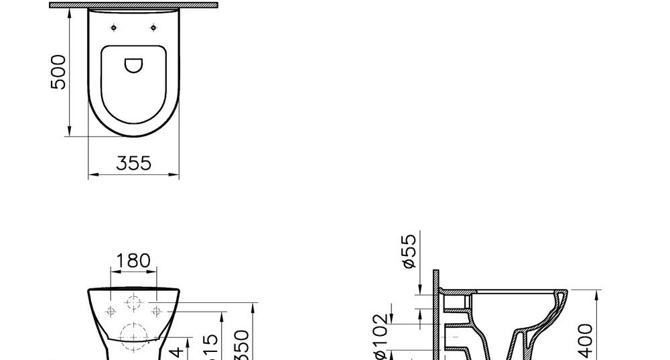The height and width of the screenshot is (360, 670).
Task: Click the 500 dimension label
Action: [59, 72]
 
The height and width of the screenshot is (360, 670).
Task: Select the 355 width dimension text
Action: [134, 163]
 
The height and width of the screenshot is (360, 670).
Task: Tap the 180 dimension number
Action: [133, 261]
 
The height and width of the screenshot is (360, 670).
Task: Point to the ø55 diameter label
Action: [410, 251]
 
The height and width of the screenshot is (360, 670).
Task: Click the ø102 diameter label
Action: [380, 335]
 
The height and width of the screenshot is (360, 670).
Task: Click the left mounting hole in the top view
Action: [114, 27]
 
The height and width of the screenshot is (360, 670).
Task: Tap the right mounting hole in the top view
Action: [154, 27]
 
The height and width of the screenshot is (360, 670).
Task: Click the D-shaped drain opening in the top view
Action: [134, 65]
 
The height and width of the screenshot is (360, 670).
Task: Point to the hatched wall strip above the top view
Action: [134, 5]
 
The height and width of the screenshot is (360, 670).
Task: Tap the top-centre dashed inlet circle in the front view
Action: [133, 302]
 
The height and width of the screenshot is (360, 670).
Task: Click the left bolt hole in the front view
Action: [111, 311]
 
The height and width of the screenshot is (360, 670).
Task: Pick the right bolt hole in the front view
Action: [156, 311]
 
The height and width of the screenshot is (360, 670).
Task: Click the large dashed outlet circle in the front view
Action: [133, 335]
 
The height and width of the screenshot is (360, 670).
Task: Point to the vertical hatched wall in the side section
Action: [435, 315]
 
